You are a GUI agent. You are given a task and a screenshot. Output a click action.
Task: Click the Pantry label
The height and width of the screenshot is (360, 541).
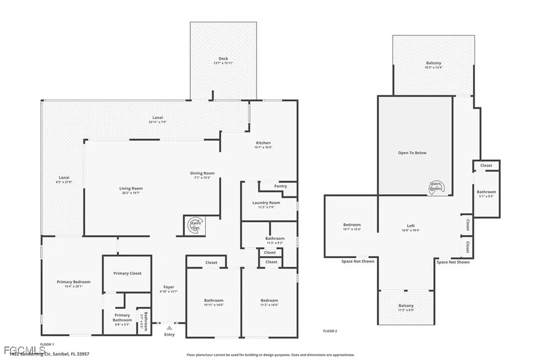[x=281, y=186]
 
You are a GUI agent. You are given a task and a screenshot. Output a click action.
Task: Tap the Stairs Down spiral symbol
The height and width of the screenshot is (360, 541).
[x=436, y=186]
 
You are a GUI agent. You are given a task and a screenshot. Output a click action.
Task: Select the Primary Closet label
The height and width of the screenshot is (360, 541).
[x=127, y=273]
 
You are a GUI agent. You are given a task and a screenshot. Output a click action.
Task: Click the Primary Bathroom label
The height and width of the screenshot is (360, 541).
[x=122, y=317]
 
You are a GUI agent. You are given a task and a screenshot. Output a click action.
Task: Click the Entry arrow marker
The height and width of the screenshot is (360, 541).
[x=169, y=328]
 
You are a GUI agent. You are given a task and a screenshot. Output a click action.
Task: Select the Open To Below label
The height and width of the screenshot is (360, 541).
[x=412, y=153]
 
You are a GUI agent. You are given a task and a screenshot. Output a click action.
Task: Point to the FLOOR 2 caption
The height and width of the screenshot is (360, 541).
[x=330, y=331]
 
